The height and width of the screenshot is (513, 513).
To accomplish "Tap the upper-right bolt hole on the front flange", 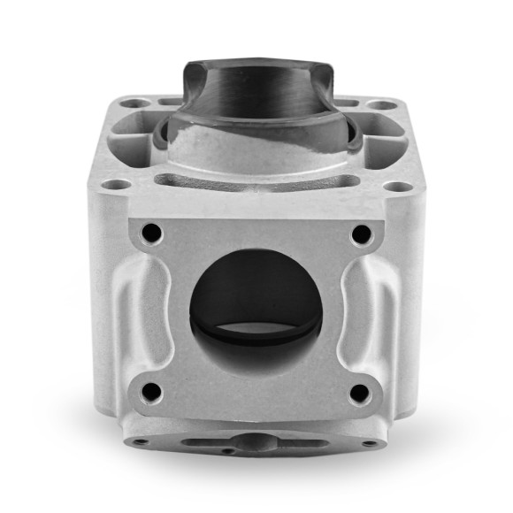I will [361, 234].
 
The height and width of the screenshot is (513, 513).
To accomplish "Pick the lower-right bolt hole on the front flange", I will [359, 391].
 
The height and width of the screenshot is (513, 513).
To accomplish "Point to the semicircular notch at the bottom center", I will [256, 440].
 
